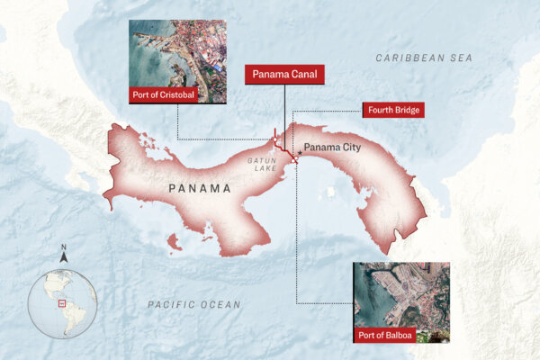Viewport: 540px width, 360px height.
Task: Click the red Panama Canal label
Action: click(x=284, y=74)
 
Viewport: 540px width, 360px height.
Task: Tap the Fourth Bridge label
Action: click(x=393, y=111)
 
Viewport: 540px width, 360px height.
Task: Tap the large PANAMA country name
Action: click(x=200, y=189)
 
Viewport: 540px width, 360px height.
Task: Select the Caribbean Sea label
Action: click(x=424, y=58)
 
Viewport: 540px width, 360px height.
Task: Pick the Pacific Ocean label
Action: click(x=193, y=305)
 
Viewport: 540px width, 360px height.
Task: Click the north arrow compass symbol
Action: click(x=63, y=257)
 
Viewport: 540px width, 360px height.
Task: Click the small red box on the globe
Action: click(x=61, y=303)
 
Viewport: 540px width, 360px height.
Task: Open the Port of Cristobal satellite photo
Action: click(x=177, y=56)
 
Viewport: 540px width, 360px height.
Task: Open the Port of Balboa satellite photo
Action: click(x=401, y=297)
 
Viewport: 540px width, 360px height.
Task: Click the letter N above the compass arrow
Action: click(x=63, y=247)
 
